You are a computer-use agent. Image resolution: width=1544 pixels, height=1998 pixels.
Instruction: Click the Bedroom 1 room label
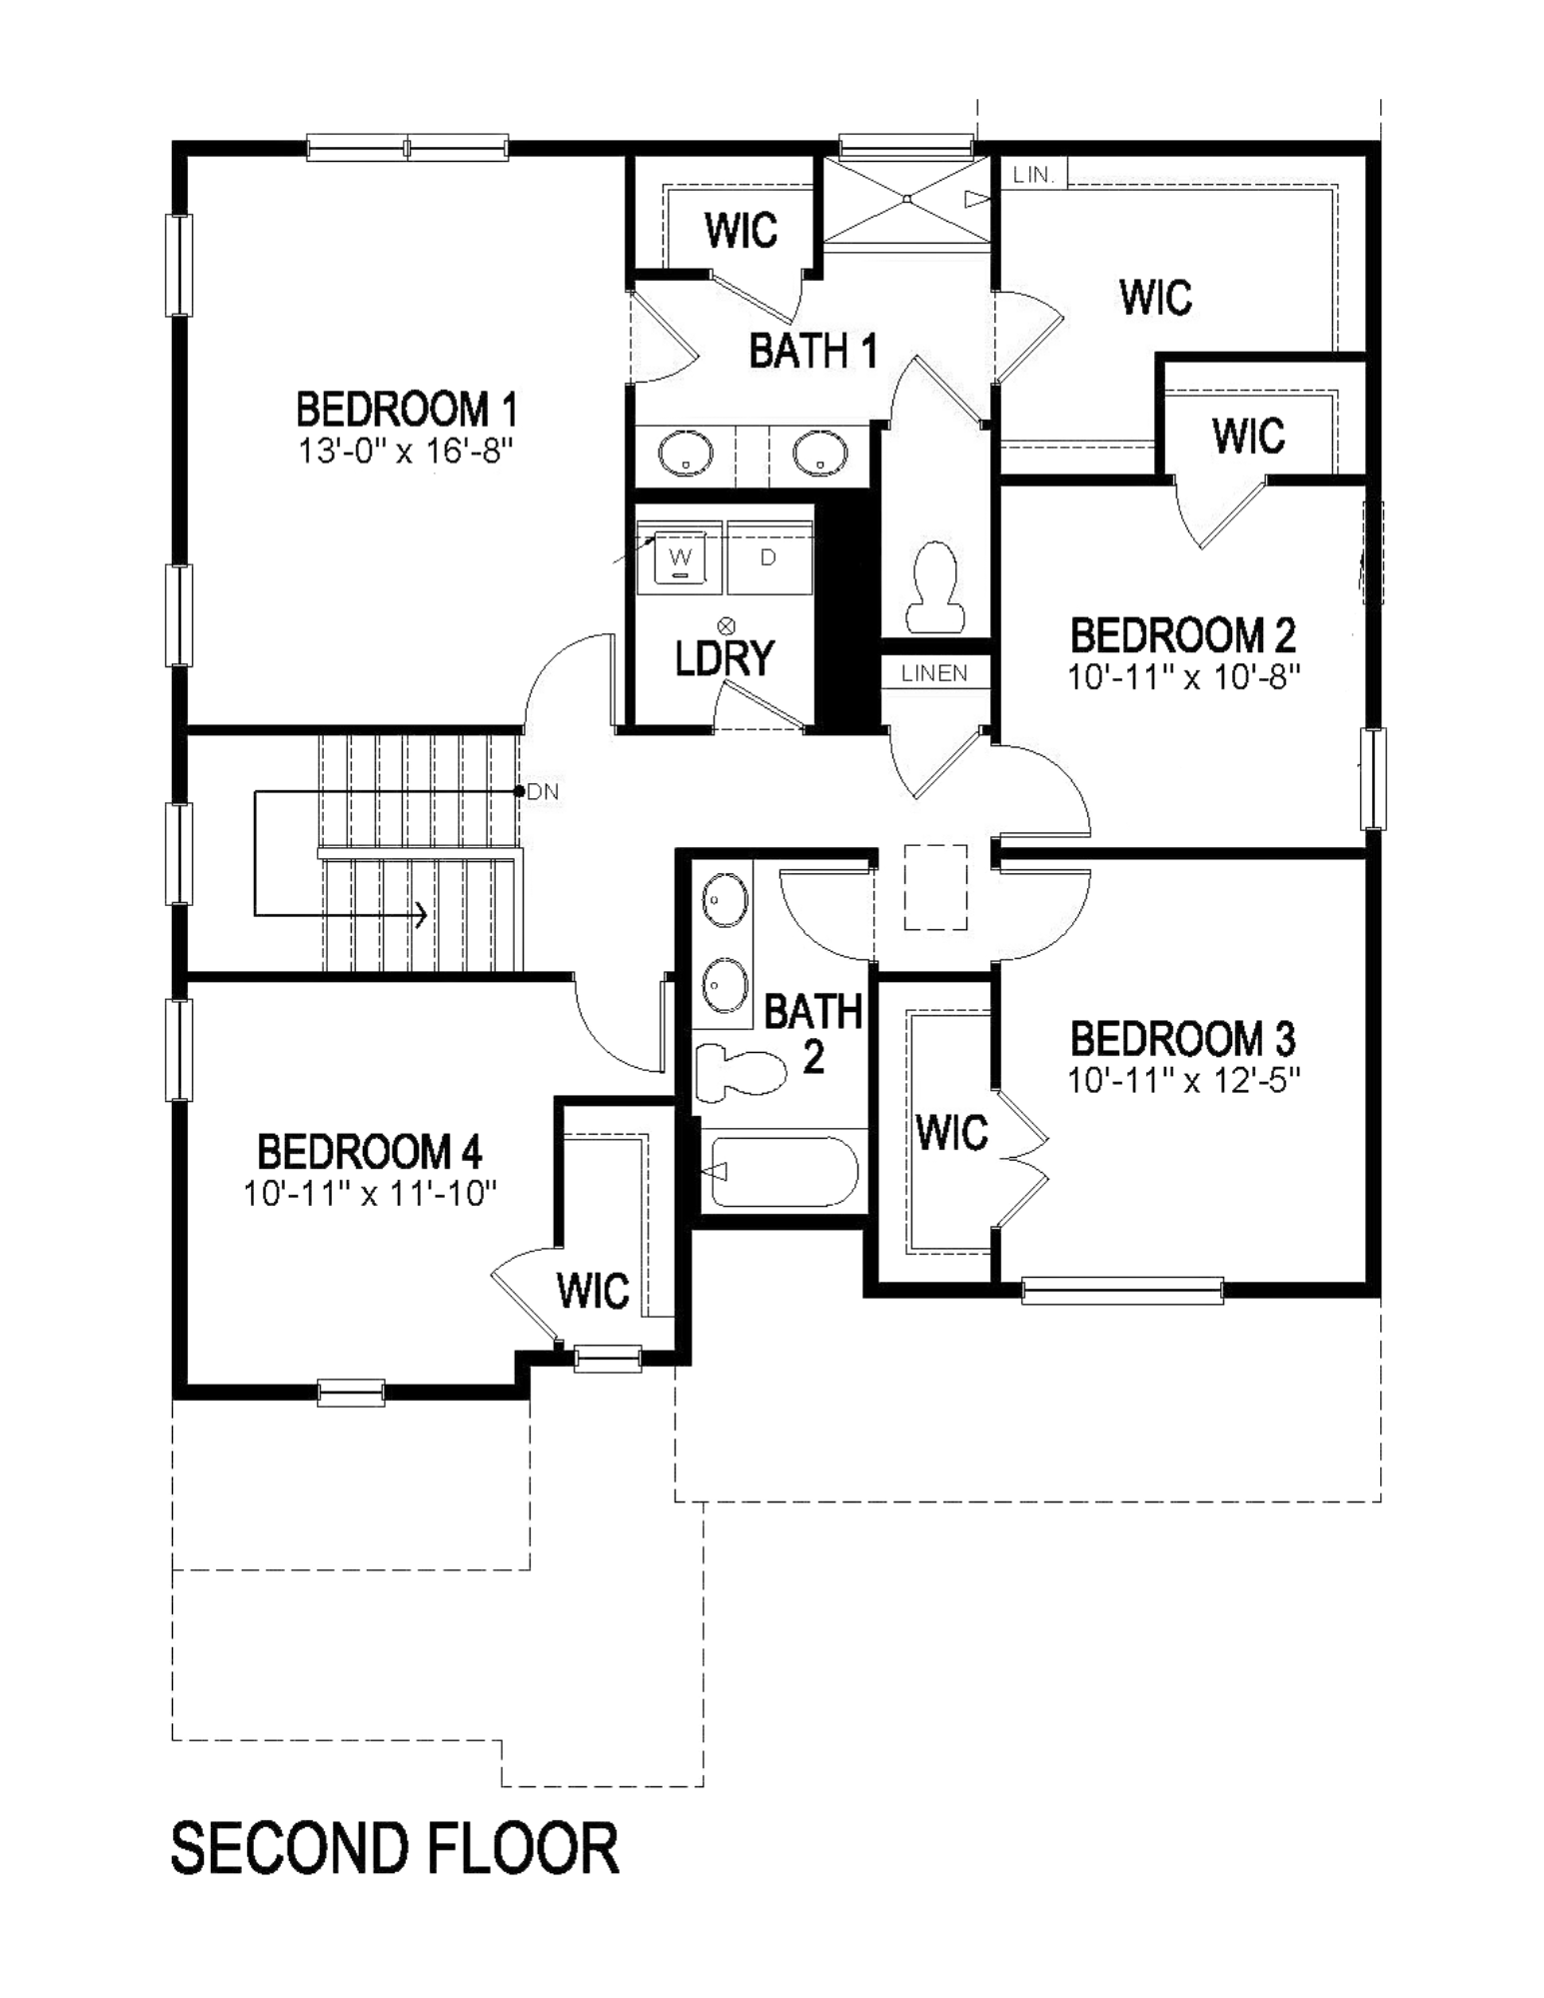(407, 410)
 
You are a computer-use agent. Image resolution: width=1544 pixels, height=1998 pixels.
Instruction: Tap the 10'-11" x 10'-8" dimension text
(1183, 677)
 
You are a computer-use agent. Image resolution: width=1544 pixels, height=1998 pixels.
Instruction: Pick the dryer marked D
(769, 557)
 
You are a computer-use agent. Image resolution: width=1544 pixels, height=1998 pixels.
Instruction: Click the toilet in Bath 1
(935, 587)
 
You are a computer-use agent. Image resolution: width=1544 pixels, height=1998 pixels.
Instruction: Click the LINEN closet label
(934, 673)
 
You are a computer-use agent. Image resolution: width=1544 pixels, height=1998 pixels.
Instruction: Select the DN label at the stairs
(543, 792)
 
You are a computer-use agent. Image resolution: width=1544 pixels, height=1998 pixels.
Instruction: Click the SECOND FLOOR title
(395, 1848)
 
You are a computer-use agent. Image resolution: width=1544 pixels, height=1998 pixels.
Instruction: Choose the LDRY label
(725, 657)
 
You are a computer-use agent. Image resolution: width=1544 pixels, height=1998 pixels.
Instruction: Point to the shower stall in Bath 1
(906, 199)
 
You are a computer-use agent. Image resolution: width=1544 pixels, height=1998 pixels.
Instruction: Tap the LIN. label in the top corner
(1033, 175)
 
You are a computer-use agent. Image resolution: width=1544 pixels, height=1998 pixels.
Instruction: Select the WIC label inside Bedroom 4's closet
(593, 1290)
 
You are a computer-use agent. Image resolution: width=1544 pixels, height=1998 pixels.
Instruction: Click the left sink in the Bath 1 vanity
(686, 456)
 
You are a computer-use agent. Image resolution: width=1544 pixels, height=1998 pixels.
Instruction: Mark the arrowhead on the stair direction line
(423, 913)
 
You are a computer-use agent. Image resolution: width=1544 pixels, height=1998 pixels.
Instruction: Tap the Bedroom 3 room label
(1183, 1039)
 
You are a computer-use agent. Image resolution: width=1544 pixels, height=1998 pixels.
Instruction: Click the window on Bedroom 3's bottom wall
(1122, 1290)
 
